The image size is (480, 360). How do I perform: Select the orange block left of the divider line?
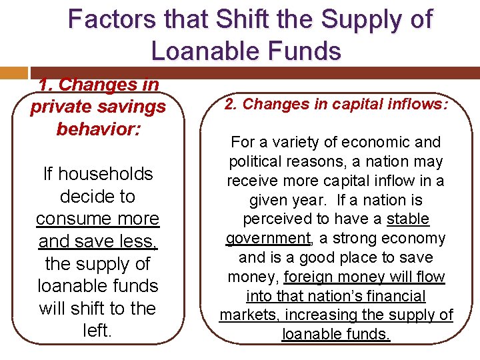coord(14,73)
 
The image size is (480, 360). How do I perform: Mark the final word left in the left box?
coord(97,331)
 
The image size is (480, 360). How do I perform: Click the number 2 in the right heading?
coord(228,104)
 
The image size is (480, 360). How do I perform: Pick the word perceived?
coord(279,219)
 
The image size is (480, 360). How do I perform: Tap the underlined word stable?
coord(408,219)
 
